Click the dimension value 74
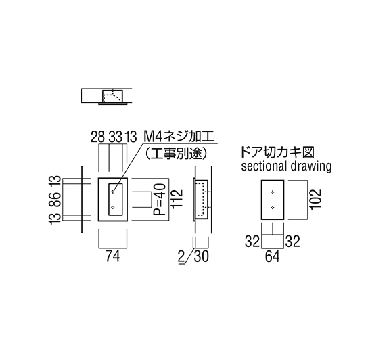point(113,256)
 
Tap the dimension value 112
point(177,199)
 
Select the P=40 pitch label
point(160,200)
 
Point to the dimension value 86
point(55,199)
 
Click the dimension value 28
point(97,137)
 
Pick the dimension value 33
point(116,137)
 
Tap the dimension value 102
point(315,199)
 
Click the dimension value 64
point(272,256)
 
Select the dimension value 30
point(201,256)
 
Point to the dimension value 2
point(181,256)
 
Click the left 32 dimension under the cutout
point(252,241)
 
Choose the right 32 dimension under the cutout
point(293,241)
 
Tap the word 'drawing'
point(311,166)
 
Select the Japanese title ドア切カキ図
point(277,152)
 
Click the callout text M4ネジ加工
point(179,137)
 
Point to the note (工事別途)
point(176,154)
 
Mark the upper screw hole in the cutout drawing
point(273,192)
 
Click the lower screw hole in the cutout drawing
point(273,207)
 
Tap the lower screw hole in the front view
point(113,207)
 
